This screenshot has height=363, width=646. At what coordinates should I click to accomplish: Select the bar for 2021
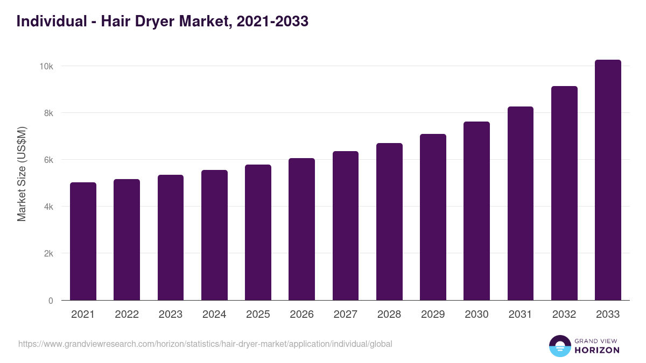coord(83,241)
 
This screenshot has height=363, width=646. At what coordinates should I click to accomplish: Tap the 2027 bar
coord(346,226)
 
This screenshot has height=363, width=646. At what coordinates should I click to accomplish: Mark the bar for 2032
coord(564,193)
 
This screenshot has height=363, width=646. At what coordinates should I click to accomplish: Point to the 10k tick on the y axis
coord(46,66)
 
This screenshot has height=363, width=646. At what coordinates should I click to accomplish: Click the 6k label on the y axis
coord(48,160)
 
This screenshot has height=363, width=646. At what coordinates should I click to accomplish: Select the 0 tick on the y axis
coord(51,301)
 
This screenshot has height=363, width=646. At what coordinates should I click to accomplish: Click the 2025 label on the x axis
coord(258,315)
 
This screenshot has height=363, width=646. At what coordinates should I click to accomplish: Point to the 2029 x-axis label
coord(433,315)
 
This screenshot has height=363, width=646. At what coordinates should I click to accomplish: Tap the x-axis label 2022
coord(127,315)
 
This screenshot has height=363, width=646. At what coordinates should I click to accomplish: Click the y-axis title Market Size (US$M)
coord(22,174)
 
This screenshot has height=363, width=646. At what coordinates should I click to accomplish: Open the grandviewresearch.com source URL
coord(205,344)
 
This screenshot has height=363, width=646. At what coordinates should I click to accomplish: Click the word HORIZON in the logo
coord(597,350)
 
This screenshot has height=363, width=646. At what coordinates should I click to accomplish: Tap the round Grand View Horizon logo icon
coord(559,346)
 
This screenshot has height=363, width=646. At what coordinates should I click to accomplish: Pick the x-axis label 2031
coord(521,315)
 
